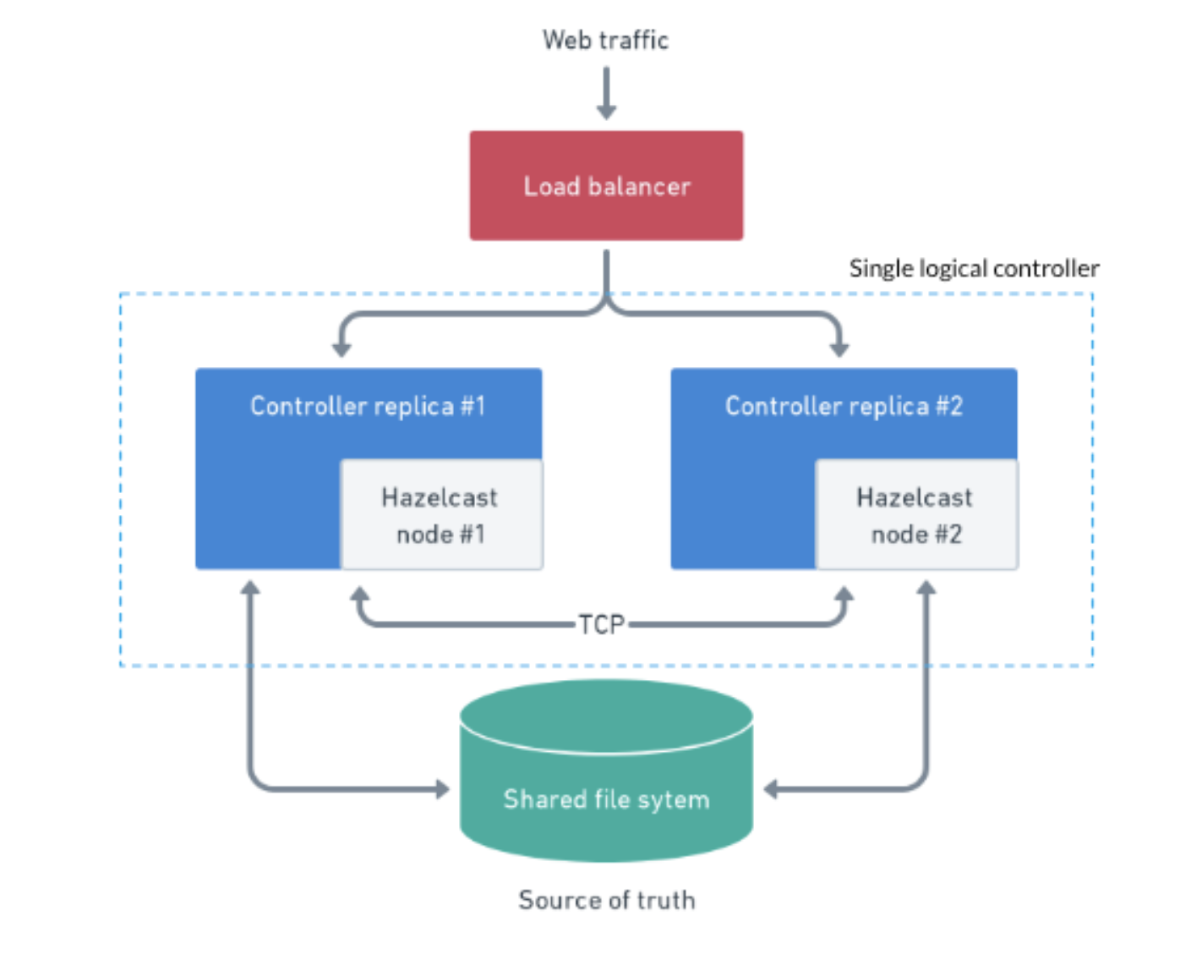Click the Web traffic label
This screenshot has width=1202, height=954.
pos(605,41)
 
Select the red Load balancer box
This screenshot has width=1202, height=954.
pos(606,185)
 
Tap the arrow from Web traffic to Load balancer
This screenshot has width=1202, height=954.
pos(607,93)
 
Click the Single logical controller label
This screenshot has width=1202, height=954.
pos(974,269)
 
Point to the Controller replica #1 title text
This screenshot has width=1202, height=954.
pos(368,406)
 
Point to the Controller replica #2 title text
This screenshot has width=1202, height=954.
pos(844,406)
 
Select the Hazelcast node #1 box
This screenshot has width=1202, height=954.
pos(441,514)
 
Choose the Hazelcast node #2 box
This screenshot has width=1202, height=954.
pos(916,514)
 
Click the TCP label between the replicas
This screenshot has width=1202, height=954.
pos(602,624)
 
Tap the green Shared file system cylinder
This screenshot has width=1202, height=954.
pos(606,770)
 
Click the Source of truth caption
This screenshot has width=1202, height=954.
pos(607,901)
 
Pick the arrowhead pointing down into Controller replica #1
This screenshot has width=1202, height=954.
pos(341,350)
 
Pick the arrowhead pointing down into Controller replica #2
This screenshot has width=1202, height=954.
pos(839,350)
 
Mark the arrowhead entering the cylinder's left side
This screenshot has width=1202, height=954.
pos(443,789)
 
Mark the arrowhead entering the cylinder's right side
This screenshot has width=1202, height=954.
pos(770,789)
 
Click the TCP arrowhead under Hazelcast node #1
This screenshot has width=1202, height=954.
pos(360,594)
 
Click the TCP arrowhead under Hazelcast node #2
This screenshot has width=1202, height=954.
pos(844,594)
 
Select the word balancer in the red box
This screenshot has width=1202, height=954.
pos(639,186)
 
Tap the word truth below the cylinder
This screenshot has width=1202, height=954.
pos(666,901)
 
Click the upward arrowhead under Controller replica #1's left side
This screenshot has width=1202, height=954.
pos(250,588)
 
